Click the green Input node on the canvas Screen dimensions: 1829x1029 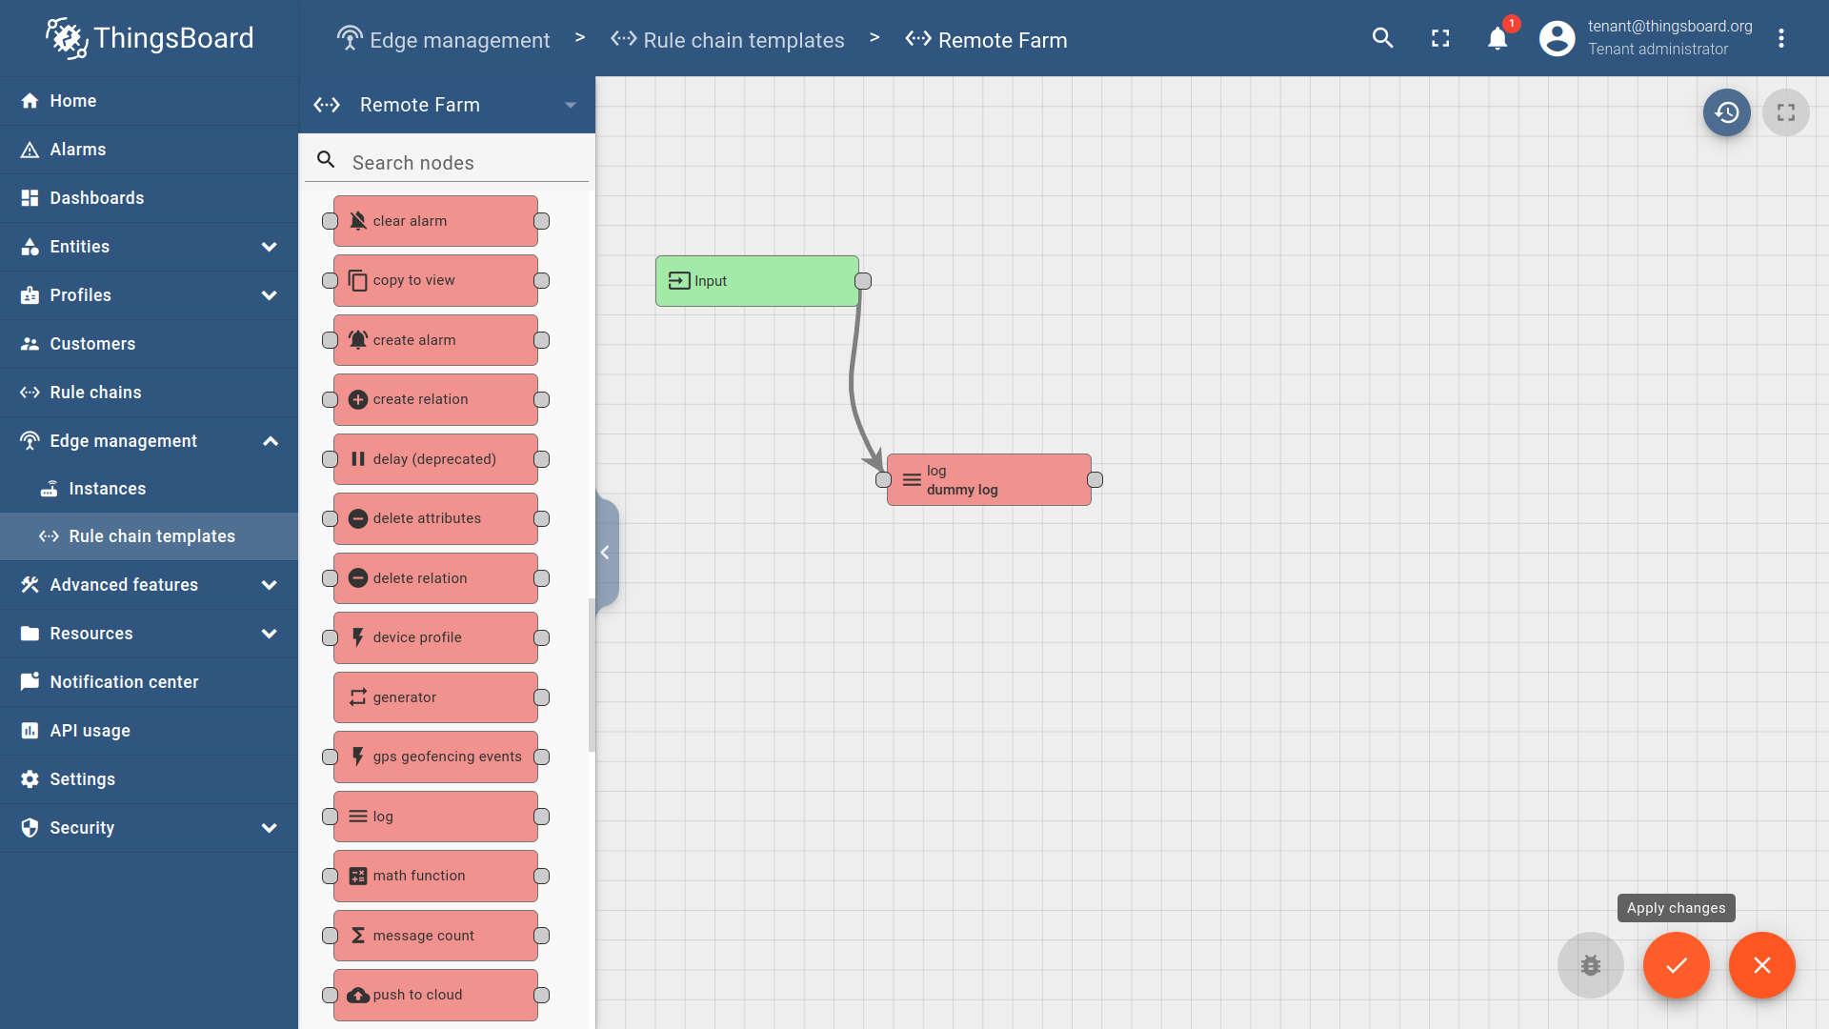click(x=756, y=281)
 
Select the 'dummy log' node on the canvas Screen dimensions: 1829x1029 click(x=989, y=480)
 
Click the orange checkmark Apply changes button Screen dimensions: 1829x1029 click(x=1677, y=965)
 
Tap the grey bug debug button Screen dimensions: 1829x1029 click(x=1591, y=965)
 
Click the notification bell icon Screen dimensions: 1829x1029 click(x=1497, y=38)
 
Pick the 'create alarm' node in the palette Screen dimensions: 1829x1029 click(x=435, y=340)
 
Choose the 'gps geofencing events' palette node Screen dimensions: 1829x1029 click(x=435, y=757)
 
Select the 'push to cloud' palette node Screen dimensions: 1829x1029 click(x=435, y=995)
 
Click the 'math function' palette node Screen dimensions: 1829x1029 click(x=435, y=876)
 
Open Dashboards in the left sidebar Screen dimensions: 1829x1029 click(x=96, y=198)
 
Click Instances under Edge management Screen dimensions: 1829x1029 click(x=107, y=489)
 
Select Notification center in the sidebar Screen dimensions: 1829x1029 click(x=124, y=682)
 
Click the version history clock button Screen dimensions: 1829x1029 click(x=1727, y=112)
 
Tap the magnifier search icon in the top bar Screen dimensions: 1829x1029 click(x=1383, y=38)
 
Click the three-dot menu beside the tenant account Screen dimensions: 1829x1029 click(x=1781, y=38)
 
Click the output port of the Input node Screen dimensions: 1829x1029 click(x=863, y=281)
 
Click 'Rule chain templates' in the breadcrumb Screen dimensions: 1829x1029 click(x=743, y=40)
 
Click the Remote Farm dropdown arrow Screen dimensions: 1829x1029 click(x=571, y=105)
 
